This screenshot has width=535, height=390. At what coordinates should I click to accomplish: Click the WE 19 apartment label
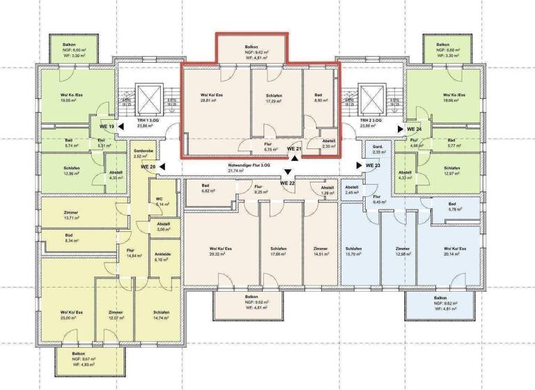(107, 127)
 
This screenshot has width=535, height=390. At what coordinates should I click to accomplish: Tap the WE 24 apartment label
(414, 130)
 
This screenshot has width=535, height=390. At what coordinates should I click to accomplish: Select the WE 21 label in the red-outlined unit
(294, 149)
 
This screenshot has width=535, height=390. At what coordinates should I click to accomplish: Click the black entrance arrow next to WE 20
(162, 166)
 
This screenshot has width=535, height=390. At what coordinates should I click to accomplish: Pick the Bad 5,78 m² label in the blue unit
(456, 207)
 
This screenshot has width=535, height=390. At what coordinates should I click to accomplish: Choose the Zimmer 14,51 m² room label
(320, 251)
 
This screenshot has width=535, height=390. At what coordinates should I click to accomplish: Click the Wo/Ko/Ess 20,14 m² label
(453, 251)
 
